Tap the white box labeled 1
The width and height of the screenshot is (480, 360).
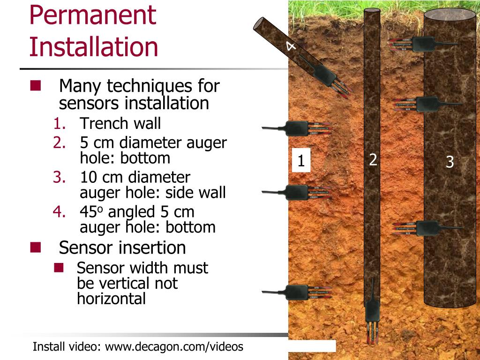301,160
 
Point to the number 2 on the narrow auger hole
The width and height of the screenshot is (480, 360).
373,159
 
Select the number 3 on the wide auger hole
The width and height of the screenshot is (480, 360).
450,162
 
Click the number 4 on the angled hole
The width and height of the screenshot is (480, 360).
291,46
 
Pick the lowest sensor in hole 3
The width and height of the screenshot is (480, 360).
427,228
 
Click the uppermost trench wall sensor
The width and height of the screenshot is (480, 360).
297,128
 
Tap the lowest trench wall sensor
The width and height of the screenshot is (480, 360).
297,292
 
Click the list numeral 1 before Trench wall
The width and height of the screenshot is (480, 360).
60,123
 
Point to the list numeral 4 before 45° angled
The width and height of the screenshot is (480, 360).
59,212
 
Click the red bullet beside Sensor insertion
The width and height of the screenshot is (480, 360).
36,247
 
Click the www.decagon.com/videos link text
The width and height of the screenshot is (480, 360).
174,347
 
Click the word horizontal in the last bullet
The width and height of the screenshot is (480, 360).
112,299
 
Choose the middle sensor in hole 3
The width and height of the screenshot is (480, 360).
427,104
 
